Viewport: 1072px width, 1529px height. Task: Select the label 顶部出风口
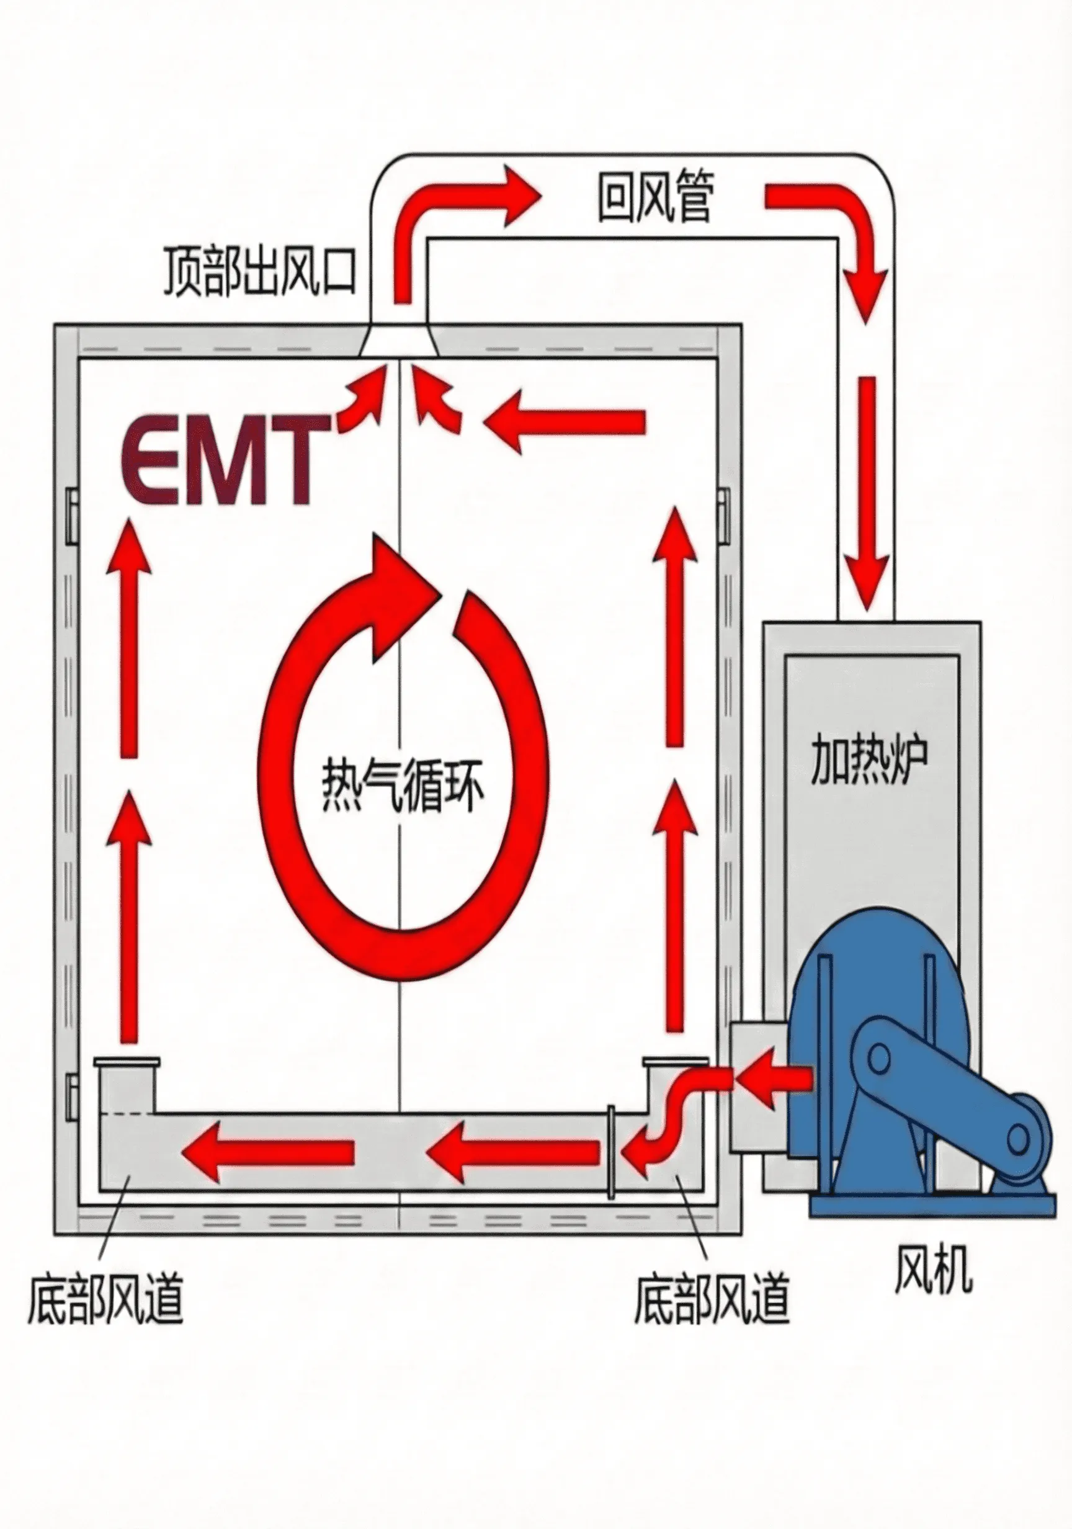[x=260, y=272]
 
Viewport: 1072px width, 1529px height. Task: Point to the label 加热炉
[x=870, y=760]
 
